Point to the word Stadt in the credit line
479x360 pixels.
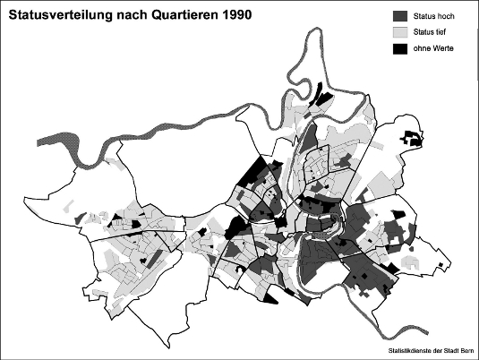450,351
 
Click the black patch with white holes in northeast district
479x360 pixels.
412,139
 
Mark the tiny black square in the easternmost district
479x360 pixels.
444,265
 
